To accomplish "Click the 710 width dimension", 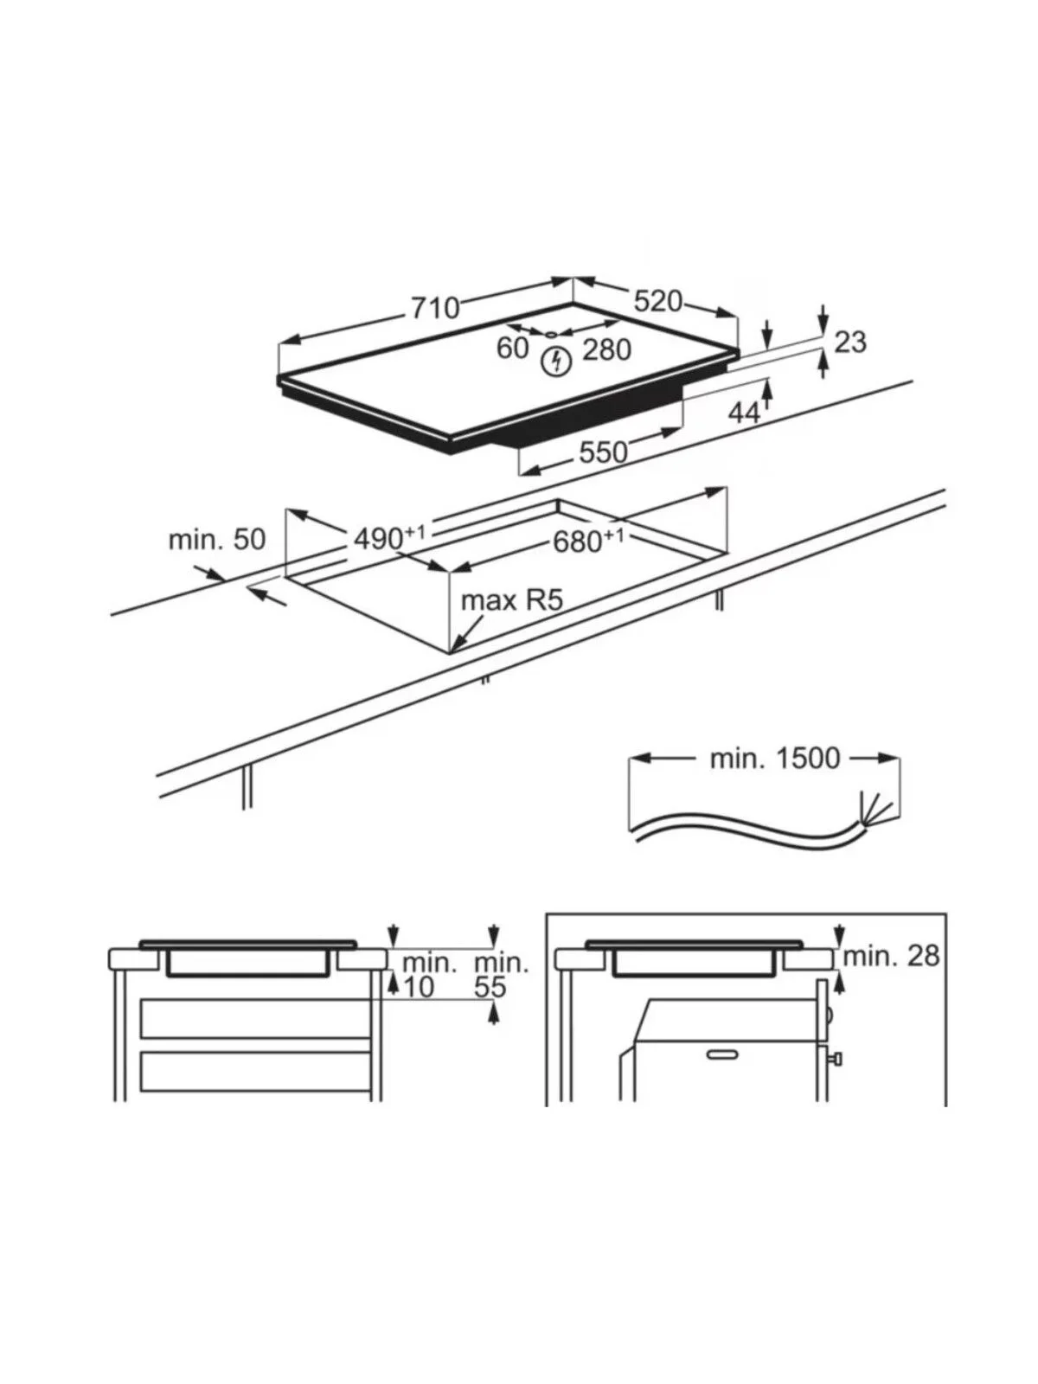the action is tap(435, 308).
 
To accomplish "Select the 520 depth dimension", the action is tap(658, 301).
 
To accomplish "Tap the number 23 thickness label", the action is tap(850, 342).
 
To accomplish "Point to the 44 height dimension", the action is tap(744, 413).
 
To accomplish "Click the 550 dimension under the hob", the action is tap(603, 452).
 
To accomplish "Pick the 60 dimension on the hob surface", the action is tap(512, 348).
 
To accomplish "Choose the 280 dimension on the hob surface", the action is tap(606, 349).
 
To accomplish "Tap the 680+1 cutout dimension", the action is tap(588, 541).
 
